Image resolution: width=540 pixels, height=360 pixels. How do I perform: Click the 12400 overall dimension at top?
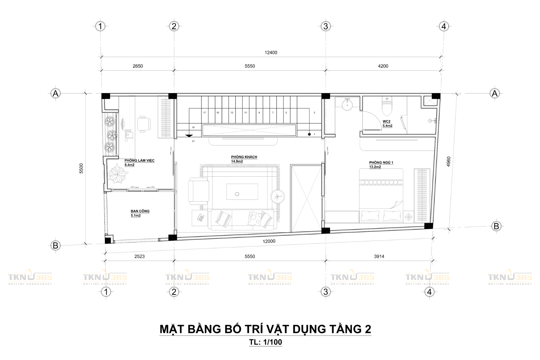(x=271, y=53)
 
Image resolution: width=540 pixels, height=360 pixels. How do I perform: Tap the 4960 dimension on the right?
(x=449, y=161)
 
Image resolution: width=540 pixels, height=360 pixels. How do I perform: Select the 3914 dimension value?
(x=379, y=256)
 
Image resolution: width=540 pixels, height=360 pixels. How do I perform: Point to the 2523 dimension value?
(x=139, y=256)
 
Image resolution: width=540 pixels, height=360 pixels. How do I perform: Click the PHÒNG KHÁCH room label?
(x=244, y=157)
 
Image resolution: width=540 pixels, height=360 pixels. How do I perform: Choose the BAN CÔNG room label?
(x=140, y=211)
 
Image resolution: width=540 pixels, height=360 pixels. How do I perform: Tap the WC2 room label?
(x=386, y=121)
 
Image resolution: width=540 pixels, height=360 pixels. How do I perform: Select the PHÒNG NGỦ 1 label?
(x=381, y=163)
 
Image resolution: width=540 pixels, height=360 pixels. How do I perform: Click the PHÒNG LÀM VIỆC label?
(x=139, y=161)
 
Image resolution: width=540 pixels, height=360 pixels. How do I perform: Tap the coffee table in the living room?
(x=242, y=192)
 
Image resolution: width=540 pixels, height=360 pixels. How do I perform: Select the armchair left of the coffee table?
(x=199, y=191)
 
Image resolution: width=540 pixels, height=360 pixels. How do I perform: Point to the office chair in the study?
(x=144, y=124)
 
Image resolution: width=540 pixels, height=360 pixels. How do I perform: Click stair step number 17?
(x=204, y=112)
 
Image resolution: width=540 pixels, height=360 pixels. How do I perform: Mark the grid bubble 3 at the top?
(x=325, y=26)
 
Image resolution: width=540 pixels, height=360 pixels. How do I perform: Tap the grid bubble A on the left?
(x=55, y=93)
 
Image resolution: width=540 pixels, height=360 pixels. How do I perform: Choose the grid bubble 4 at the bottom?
(x=429, y=292)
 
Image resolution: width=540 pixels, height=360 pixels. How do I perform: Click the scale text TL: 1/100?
(x=265, y=342)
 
